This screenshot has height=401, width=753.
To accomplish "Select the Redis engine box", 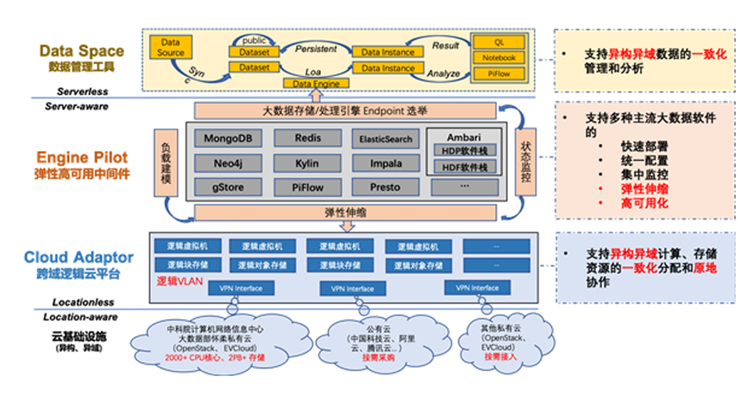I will pos(307,137).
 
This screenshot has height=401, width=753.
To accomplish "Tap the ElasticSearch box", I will pos(386,139).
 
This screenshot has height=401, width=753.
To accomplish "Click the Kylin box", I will pos(307,163).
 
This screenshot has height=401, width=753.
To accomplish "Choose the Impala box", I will pos(386,163).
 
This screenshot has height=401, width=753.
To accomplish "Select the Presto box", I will pos(386,187).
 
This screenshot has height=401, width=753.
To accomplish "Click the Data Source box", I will pos(170,48).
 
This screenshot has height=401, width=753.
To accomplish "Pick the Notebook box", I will pos(499,58).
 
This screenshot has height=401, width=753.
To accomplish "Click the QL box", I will pos(499,42).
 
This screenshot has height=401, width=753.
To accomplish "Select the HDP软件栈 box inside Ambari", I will pos(463,150).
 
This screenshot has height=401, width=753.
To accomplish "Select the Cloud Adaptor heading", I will pos(78,257).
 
